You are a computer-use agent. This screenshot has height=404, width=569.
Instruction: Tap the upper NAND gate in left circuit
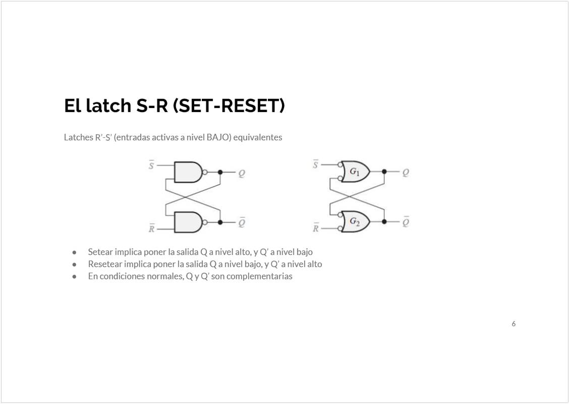coord(188,172)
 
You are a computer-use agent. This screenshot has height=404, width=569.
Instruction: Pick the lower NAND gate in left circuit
coord(188,222)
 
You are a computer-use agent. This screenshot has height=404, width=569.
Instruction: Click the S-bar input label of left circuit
coord(151,165)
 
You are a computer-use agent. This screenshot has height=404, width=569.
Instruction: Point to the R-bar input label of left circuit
coord(152,228)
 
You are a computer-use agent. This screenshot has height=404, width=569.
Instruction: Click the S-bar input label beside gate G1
coord(315,164)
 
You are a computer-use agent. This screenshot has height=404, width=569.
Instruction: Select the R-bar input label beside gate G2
coord(316,228)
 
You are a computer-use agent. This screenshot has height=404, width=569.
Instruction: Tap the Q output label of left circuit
coord(241,174)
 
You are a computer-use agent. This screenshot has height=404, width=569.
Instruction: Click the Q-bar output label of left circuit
coord(242,222)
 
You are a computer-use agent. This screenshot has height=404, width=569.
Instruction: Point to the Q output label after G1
coord(406,173)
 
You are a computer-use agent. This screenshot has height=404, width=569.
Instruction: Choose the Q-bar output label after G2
coord(406,221)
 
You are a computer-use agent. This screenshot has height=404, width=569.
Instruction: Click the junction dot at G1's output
coord(384,172)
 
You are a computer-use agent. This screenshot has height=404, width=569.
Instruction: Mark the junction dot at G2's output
coord(384,222)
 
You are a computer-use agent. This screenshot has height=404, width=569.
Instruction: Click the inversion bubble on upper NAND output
coord(205,172)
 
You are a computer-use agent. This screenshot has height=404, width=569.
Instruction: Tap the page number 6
coord(514,324)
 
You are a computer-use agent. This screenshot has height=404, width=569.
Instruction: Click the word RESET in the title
coord(250,106)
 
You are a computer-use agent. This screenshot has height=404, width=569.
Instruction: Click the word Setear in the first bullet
coord(100,252)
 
